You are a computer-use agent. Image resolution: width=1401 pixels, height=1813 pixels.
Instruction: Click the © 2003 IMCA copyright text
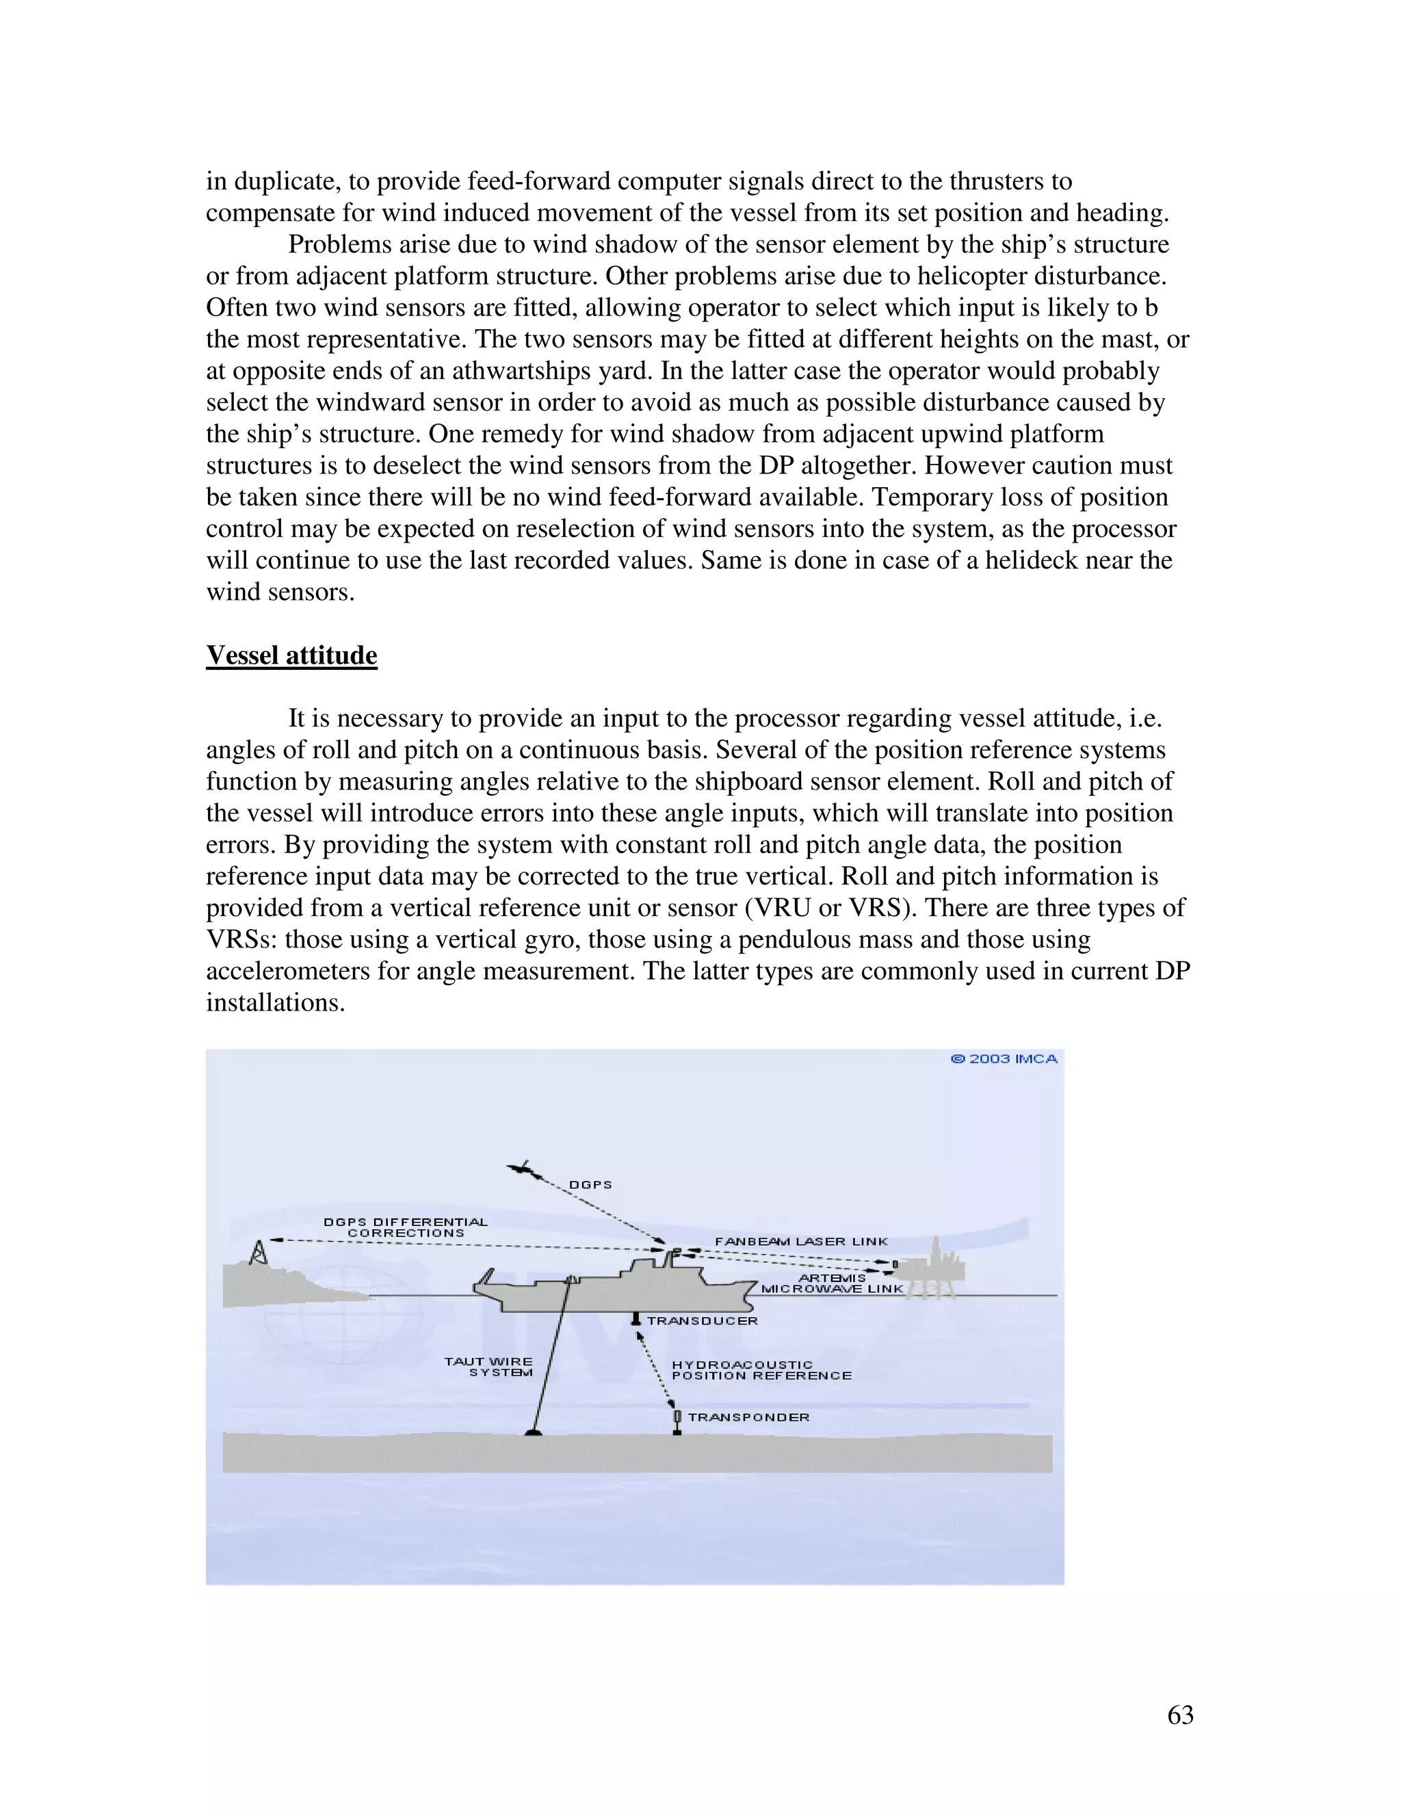point(1004,1059)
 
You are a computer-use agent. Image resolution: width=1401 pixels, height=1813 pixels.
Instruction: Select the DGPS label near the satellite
point(590,1184)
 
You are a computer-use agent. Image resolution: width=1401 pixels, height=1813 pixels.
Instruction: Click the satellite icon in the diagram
point(521,1169)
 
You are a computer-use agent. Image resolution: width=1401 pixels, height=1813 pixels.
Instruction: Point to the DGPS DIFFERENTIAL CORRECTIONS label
point(405,1227)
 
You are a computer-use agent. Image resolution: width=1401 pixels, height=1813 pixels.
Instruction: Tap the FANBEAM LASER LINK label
point(801,1242)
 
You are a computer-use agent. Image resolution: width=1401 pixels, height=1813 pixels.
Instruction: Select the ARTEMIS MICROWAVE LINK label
point(832,1283)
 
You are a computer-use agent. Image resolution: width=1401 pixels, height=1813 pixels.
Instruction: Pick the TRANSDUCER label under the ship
point(702,1320)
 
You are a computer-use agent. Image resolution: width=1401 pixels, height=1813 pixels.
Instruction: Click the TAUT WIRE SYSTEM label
point(490,1366)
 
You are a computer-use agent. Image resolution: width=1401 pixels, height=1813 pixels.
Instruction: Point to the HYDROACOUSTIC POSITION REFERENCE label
point(759,1370)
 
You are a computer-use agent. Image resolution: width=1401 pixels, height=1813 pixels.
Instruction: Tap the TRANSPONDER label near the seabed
point(748,1417)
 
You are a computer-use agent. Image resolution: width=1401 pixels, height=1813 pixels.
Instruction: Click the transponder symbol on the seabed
point(677,1421)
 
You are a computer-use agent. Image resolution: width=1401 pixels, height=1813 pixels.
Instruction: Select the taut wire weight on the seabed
point(534,1431)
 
